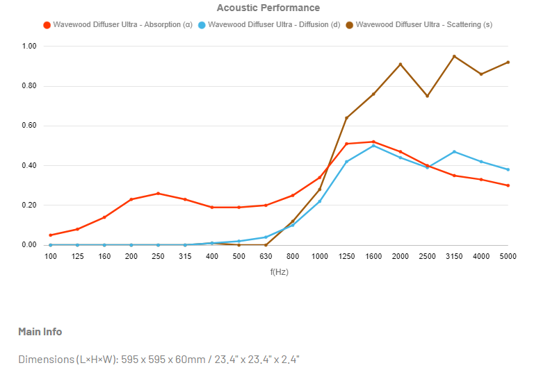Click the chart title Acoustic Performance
tap(268, 8)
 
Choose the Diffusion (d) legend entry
tap(273, 25)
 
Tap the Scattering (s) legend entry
tap(424, 25)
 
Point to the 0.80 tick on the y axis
tap(29, 86)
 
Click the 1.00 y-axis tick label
tap(29, 47)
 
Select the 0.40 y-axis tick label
tap(29, 166)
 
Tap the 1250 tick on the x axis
tap(346, 256)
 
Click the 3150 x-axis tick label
tap(454, 256)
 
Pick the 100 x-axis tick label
tap(50, 256)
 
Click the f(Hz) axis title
tap(279, 272)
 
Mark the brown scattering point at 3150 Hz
tap(454, 56)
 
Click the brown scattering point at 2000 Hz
tap(400, 65)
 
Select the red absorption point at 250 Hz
tap(158, 194)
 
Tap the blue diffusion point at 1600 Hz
tap(373, 146)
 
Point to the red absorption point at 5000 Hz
tap(508, 185)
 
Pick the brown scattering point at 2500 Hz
tap(427, 96)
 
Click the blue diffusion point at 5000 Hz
tap(508, 169)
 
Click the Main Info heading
tap(40, 332)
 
